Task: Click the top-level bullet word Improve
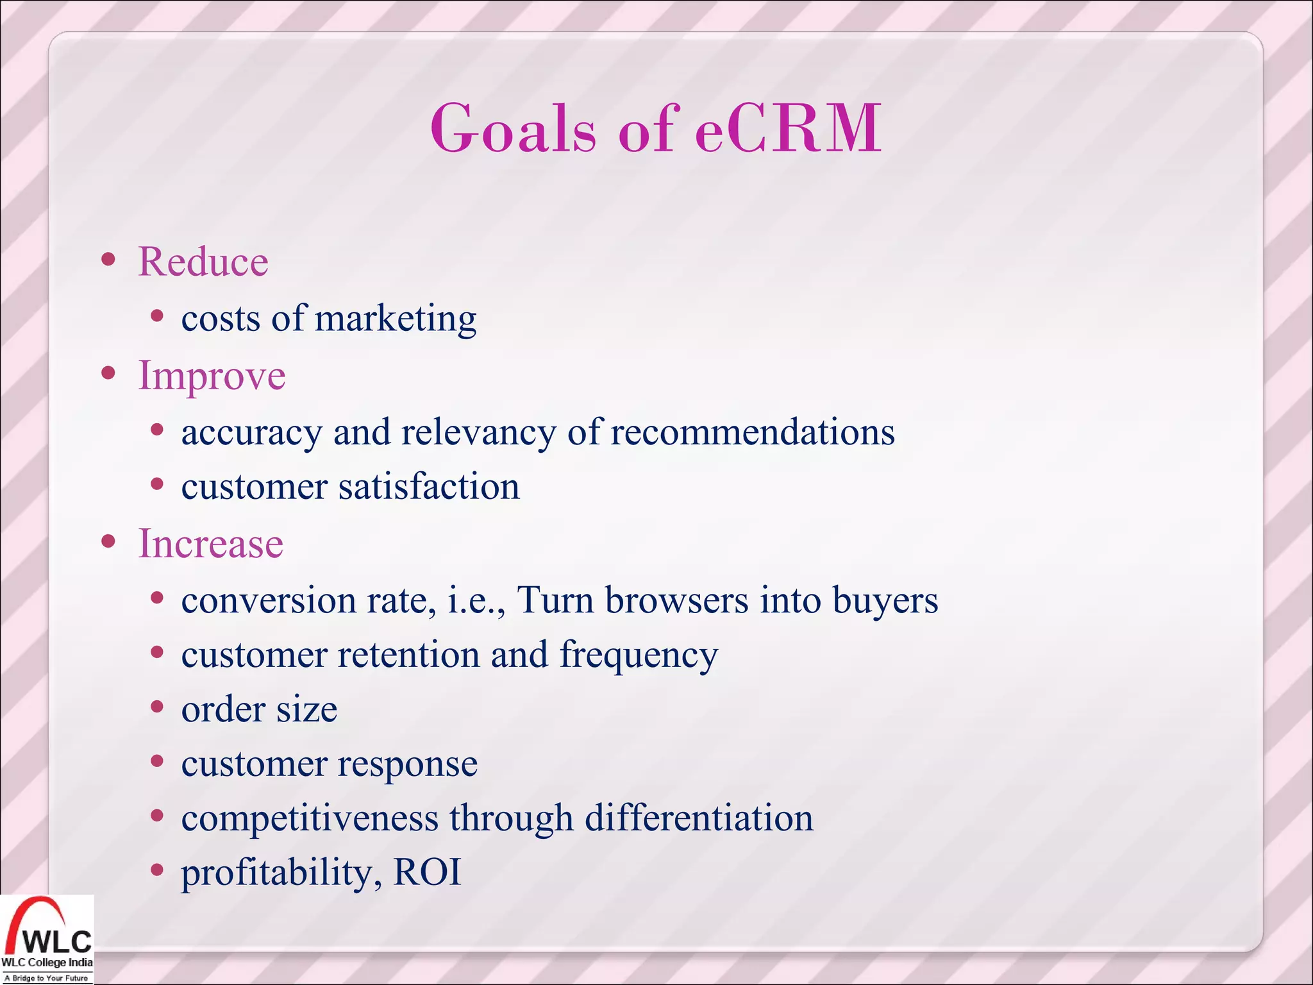click(212, 376)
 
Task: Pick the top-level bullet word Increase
click(210, 544)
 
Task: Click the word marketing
click(396, 319)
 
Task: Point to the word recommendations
click(752, 432)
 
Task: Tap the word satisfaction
click(429, 487)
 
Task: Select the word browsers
click(676, 601)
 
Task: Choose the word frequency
click(639, 656)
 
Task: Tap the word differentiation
click(699, 818)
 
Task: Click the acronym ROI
click(427, 872)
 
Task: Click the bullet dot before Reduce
click(108, 260)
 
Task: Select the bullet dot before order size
click(157, 707)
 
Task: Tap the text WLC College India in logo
click(47, 963)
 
